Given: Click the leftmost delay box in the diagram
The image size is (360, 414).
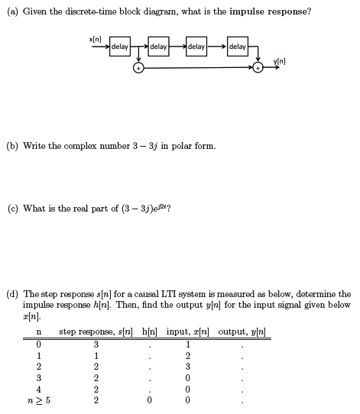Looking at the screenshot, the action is [x=119, y=47].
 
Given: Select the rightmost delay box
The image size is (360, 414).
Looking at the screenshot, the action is [x=237, y=47].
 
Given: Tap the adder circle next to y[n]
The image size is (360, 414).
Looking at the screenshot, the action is [x=258, y=68].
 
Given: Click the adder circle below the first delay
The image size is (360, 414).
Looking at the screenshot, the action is [x=138, y=68].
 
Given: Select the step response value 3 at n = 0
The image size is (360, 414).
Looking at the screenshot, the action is [x=96, y=344].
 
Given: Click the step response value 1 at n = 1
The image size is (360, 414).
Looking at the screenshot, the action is [x=96, y=354].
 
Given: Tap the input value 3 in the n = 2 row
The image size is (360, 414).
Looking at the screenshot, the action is [x=187, y=366].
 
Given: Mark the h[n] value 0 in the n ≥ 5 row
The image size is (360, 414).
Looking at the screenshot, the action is [x=150, y=399].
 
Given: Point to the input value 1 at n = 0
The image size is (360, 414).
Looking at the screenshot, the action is [x=187, y=344].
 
